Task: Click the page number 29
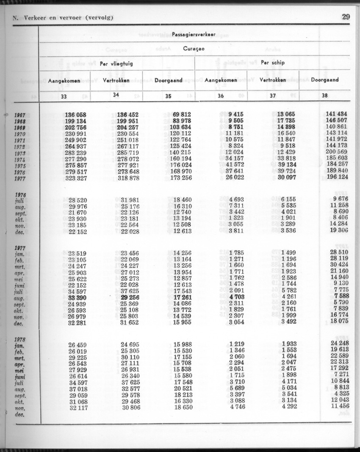click(346, 17)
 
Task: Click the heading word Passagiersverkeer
click(194, 33)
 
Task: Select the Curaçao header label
click(194, 49)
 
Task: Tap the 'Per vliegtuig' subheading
click(116, 64)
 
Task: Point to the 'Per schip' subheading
click(273, 62)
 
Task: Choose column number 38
click(325, 96)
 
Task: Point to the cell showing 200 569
click(336, 153)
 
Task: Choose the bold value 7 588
click(341, 295)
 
